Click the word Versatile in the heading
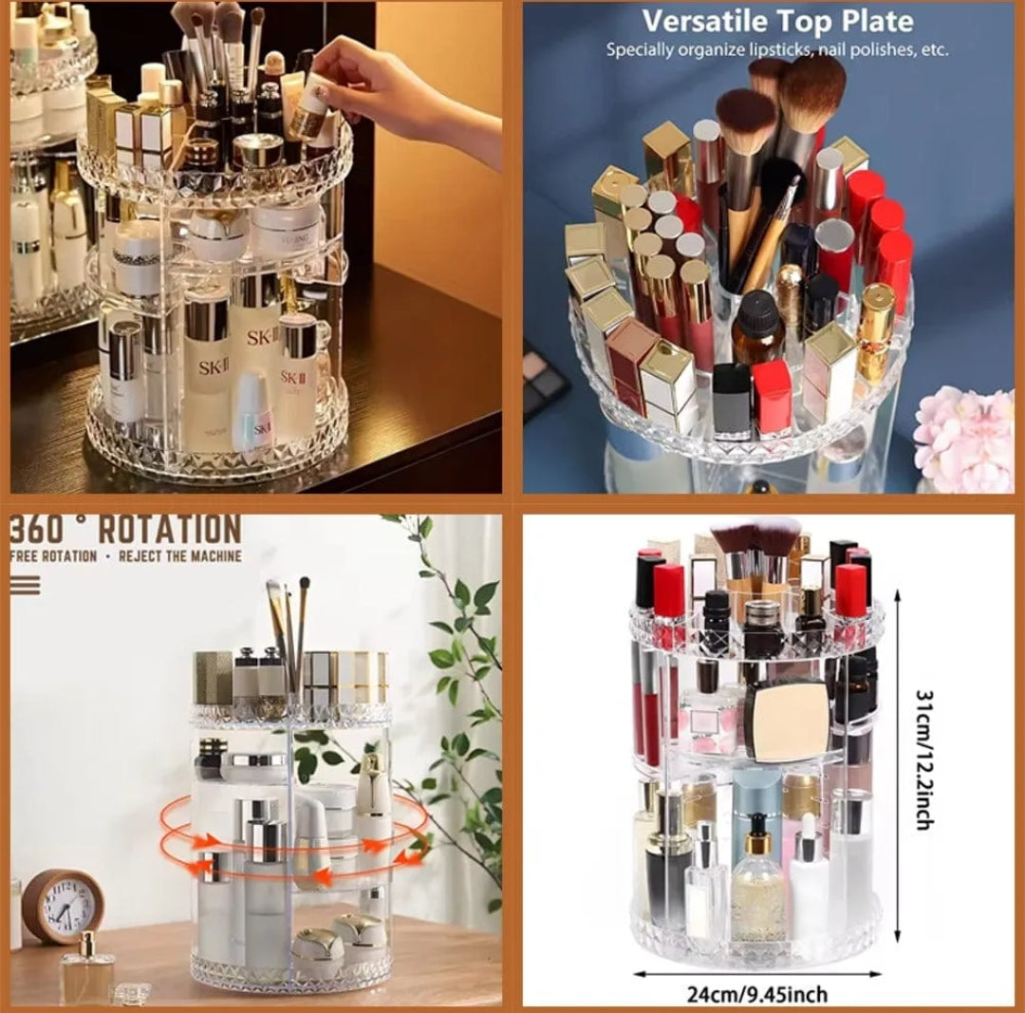point(700,21)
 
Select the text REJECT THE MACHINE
point(180,556)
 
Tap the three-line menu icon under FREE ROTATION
point(26,584)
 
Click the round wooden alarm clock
point(62,907)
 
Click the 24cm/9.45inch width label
point(757,994)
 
